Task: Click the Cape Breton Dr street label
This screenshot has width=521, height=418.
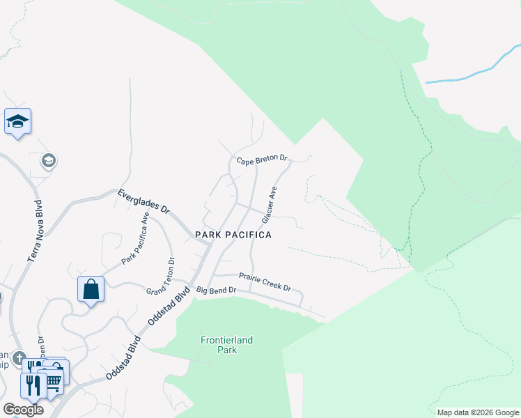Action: pos(262,160)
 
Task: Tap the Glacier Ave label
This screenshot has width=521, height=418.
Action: pos(270,205)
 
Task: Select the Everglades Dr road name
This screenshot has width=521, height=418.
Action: pos(143,201)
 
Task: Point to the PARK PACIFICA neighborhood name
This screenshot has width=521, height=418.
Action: pos(233,235)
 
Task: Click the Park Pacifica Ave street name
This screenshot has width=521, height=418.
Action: pos(136,238)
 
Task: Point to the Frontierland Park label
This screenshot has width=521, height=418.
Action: pos(226,345)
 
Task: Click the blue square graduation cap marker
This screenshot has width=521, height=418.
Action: pos(17,122)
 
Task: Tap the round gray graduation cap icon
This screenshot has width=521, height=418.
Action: pos(48,162)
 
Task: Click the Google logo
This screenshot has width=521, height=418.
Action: pos(23,410)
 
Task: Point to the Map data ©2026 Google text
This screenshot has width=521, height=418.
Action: pos(477,412)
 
